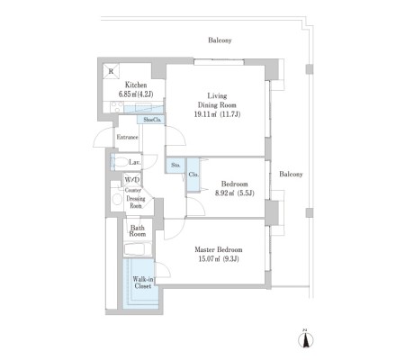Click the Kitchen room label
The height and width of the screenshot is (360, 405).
point(136,85)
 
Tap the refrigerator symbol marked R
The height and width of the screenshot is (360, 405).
point(111,71)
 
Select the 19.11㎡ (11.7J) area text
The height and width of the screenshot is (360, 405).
point(218,114)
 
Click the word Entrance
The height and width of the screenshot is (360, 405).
point(128,137)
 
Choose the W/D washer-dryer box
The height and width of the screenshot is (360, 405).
point(132,180)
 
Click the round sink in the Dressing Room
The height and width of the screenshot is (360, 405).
point(117,199)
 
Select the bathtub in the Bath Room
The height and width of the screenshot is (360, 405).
point(138,249)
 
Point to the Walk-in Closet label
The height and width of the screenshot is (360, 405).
point(143,283)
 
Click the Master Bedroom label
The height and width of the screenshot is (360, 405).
point(219,249)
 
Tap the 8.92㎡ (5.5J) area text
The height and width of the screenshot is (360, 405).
point(235,193)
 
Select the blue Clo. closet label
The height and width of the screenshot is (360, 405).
point(193,175)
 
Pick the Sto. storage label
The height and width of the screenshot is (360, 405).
point(175,165)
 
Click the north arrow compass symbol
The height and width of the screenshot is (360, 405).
point(306,339)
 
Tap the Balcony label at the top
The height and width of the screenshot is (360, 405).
point(220,40)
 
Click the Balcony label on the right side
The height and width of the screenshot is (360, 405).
point(291,174)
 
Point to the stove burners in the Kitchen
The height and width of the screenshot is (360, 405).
point(117,107)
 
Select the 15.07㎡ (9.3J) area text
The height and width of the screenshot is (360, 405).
point(219,259)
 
